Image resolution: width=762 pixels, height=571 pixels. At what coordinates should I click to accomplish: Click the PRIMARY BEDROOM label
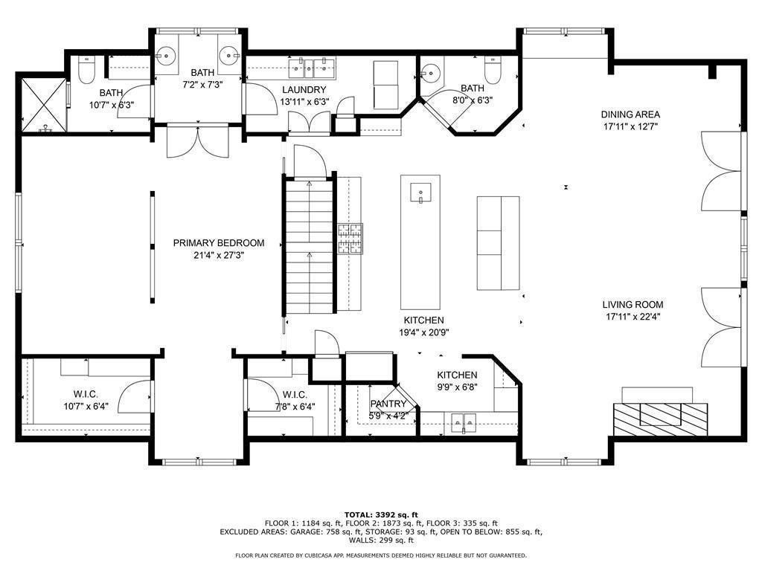pyautogui.click(x=218, y=243)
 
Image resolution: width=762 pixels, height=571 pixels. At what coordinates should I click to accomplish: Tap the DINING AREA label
pyautogui.click(x=630, y=114)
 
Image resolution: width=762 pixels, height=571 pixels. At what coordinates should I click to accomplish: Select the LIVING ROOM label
pyautogui.click(x=633, y=304)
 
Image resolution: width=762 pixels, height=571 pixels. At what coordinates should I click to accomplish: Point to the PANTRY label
pyautogui.click(x=388, y=404)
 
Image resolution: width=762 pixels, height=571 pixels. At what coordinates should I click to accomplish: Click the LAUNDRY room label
pyautogui.click(x=304, y=90)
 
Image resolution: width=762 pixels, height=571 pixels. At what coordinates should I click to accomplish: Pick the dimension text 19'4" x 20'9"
pyautogui.click(x=424, y=332)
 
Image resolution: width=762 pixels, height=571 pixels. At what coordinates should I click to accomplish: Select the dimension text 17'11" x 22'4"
pyautogui.click(x=633, y=316)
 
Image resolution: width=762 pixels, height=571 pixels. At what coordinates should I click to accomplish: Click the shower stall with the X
pyautogui.click(x=43, y=105)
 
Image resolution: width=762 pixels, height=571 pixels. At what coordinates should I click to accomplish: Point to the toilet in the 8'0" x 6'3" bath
pyautogui.click(x=493, y=71)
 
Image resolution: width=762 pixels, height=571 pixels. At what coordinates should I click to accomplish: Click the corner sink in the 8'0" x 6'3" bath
pyautogui.click(x=429, y=74)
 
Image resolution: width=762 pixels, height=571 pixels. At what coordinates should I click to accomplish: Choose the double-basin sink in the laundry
pyautogui.click(x=313, y=68)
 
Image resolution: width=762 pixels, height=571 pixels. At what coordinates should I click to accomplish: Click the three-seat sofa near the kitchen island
pyautogui.click(x=498, y=243)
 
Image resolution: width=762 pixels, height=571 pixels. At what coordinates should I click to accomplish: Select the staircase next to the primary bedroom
pyautogui.click(x=309, y=245)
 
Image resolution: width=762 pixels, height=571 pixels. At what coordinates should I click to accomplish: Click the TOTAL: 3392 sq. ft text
pyautogui.click(x=380, y=514)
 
